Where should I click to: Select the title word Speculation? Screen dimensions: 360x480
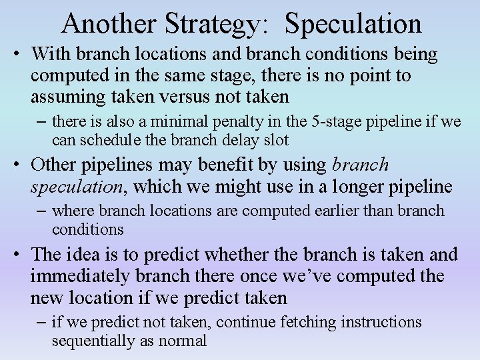353,23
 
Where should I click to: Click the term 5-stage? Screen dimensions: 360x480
345,122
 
